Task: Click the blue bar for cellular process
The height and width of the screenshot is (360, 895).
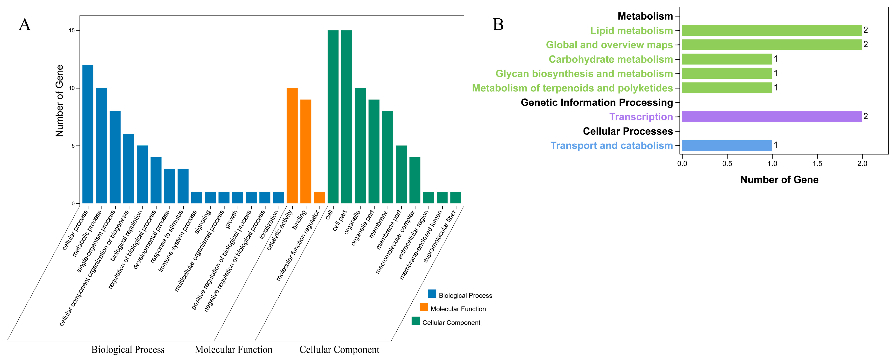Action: (88, 134)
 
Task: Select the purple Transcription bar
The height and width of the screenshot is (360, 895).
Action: (771, 116)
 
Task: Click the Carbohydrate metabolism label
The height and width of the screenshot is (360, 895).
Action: (610, 59)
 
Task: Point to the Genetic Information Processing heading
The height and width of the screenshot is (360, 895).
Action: (597, 103)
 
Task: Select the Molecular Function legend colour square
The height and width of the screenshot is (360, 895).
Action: (424, 307)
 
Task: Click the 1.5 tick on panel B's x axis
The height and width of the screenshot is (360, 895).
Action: (817, 163)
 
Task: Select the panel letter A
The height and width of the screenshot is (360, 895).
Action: (25, 25)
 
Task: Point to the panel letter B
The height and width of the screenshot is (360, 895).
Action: (498, 25)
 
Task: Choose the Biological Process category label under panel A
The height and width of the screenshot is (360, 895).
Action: (128, 350)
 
